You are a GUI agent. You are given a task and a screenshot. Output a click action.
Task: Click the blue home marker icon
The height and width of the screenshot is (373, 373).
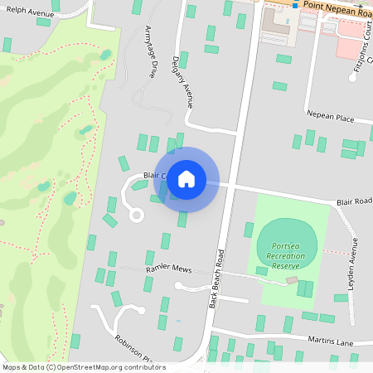186,178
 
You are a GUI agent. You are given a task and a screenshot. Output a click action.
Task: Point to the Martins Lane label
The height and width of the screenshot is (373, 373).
332,341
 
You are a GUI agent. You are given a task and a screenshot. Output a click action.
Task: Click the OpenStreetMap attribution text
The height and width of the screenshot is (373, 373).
85,366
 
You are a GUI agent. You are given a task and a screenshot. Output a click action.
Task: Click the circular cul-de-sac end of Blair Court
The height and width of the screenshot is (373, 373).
136,216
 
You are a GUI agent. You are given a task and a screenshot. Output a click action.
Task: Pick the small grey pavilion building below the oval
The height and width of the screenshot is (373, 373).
292,281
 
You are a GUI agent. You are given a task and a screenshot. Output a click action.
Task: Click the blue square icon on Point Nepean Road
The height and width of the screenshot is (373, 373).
294,5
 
